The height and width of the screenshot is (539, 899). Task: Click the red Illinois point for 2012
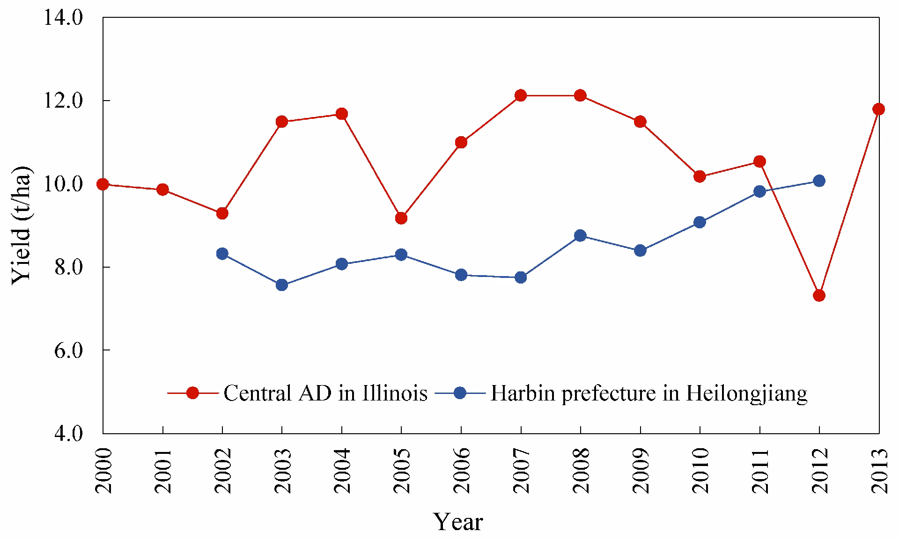click(x=819, y=296)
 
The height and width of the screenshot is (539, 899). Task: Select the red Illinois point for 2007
click(x=521, y=95)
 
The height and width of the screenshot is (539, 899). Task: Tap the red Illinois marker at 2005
click(x=401, y=218)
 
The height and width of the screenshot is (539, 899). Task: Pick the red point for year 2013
click(x=878, y=109)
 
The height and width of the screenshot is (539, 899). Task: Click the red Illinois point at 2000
click(x=103, y=184)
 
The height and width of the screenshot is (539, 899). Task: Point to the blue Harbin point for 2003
click(x=282, y=285)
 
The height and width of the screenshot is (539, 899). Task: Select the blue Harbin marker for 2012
click(x=819, y=181)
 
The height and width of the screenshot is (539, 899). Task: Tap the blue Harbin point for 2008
click(x=580, y=235)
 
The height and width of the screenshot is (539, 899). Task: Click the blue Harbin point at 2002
click(x=222, y=254)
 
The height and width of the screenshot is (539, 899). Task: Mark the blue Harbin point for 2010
click(x=700, y=222)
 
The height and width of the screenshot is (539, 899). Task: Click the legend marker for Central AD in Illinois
click(x=192, y=393)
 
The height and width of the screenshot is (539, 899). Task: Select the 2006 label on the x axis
click(x=462, y=471)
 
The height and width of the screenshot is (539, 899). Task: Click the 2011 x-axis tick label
click(x=760, y=471)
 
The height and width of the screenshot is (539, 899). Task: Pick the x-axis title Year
click(x=457, y=522)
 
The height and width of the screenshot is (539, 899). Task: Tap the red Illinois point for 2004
click(x=342, y=114)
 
